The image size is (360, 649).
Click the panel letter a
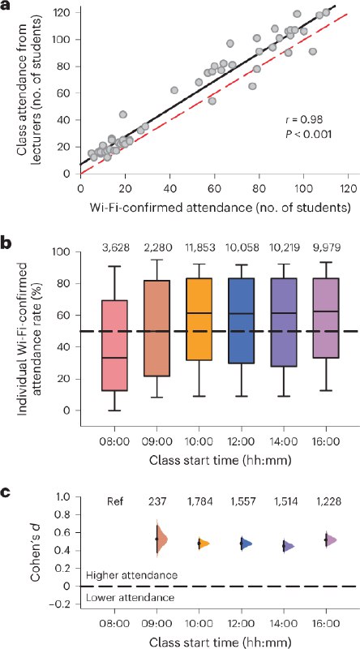pos(6,7)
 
